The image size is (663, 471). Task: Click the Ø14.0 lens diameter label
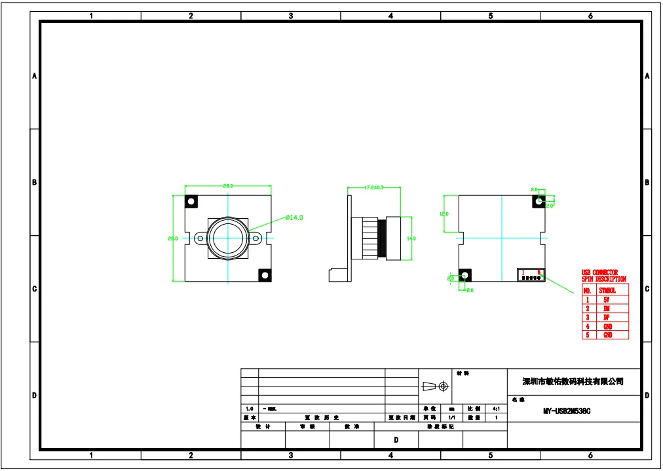tap(294, 217)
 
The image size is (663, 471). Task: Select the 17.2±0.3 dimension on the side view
tap(373, 188)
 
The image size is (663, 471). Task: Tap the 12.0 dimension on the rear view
tap(444, 214)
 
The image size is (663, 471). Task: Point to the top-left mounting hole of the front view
tap(192, 201)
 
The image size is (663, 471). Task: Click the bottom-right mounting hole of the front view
tap(265, 275)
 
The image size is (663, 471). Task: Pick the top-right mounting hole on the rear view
tap(539, 202)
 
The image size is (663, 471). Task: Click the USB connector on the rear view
tap(531, 275)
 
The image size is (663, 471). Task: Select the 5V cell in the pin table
tap(607, 299)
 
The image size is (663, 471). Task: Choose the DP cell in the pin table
tap(607, 317)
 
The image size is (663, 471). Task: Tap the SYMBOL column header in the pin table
tap(607, 290)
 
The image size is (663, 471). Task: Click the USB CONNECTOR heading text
tap(599, 273)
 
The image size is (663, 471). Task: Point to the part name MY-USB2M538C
tap(567, 411)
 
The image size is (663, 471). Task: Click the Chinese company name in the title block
tap(573, 381)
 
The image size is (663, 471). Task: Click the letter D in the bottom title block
tap(396, 440)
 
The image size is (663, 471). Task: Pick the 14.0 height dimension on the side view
tap(411, 238)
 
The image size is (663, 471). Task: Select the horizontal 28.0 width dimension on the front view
tap(228, 186)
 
